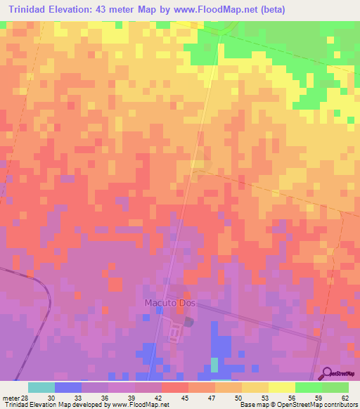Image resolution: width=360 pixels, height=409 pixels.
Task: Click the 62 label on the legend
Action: click(x=345, y=397)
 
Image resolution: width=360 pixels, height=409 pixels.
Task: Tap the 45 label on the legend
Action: click(x=184, y=397)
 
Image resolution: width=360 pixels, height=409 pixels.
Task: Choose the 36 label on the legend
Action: click(x=104, y=397)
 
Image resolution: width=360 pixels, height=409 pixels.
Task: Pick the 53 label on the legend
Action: click(x=264, y=397)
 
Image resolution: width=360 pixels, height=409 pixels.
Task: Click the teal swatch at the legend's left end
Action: click(x=41, y=387)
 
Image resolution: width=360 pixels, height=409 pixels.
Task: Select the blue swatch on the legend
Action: click(x=67, y=387)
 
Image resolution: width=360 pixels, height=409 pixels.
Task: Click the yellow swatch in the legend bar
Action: click(x=281, y=387)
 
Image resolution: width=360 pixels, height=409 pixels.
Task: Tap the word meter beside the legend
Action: click(x=10, y=397)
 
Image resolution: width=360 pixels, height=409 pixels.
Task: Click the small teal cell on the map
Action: click(x=214, y=365)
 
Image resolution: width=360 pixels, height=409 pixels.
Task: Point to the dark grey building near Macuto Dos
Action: click(x=188, y=322)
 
